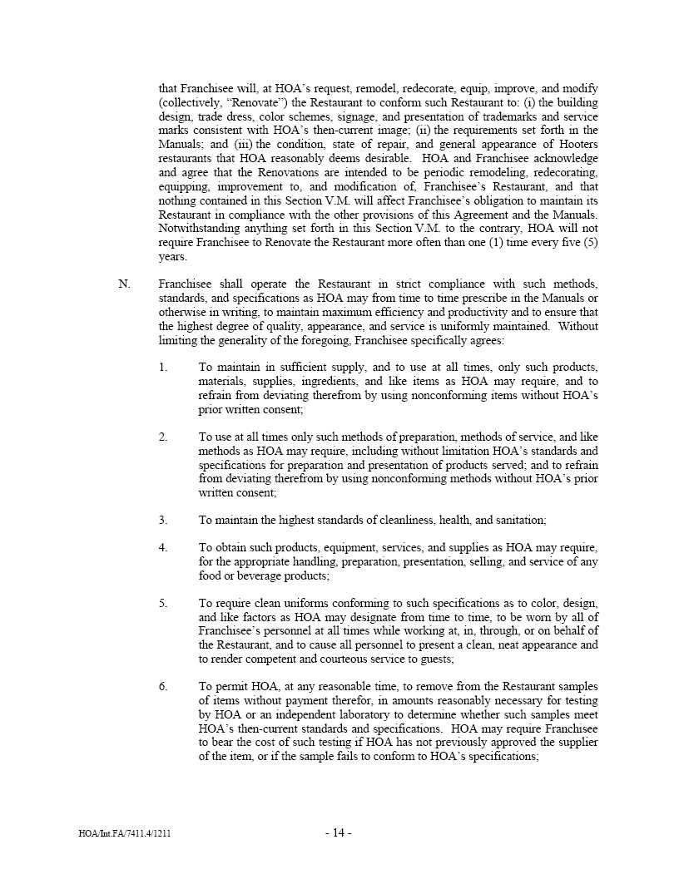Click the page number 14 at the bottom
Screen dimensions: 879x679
[339, 833]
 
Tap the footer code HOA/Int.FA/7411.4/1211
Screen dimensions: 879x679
[124, 833]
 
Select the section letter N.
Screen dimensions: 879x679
[124, 284]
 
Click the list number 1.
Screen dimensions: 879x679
[163, 367]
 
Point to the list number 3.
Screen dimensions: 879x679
[163, 520]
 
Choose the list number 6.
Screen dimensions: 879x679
[163, 686]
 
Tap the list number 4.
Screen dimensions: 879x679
[163, 547]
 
